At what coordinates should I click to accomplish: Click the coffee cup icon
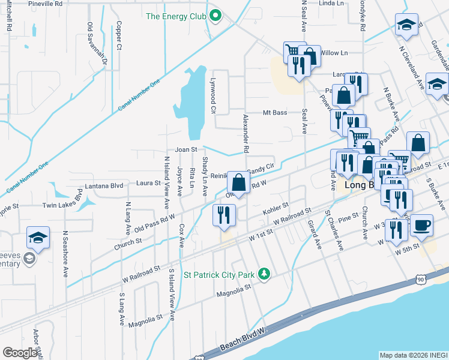tap(421, 225)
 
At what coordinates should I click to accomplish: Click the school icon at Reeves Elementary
tap(38, 238)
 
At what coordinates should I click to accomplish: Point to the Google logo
tap(20, 353)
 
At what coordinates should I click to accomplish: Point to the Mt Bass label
tap(276, 113)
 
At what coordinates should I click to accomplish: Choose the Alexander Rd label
tap(246, 133)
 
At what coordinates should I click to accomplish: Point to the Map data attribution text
tap(413, 355)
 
